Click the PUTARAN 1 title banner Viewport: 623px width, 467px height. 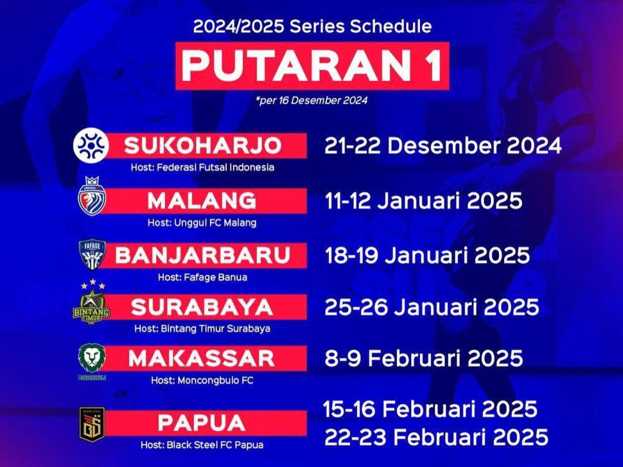(x=312, y=66)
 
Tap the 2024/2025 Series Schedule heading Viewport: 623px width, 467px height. (x=312, y=26)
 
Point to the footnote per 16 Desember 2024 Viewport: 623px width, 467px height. (x=312, y=100)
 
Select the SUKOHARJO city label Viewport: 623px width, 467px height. (x=202, y=145)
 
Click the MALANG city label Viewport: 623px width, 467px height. (x=202, y=200)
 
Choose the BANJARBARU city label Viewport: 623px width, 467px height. (x=202, y=255)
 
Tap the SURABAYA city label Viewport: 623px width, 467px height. (x=202, y=307)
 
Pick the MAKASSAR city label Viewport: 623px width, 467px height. (x=202, y=358)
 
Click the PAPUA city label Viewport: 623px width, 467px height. (x=201, y=423)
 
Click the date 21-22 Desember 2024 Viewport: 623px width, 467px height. (x=443, y=146)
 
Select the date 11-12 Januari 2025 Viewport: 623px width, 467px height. (x=424, y=200)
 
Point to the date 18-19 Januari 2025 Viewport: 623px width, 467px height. (x=427, y=255)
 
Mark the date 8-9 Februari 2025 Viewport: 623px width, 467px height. (x=424, y=358)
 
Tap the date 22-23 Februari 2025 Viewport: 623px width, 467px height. (x=436, y=437)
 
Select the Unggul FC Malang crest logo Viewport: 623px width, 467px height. (x=91, y=196)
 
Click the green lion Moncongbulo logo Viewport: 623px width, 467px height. (x=92, y=361)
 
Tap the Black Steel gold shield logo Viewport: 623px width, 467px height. (x=92, y=425)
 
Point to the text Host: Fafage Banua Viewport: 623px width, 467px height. (x=202, y=277)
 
